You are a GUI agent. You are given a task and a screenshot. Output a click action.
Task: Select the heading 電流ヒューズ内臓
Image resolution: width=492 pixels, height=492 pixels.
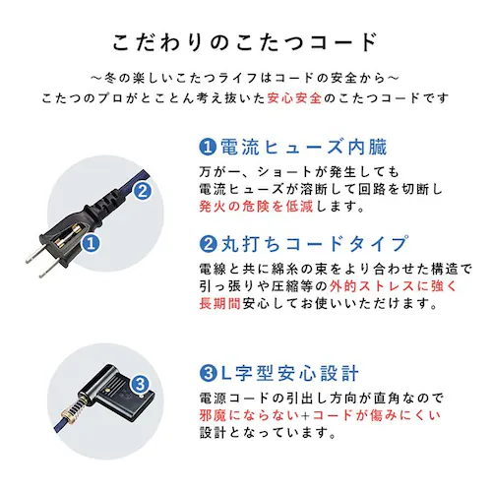pos(301,148)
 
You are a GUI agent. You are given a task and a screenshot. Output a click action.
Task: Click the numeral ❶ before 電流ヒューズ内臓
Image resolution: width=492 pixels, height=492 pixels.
pos(207,149)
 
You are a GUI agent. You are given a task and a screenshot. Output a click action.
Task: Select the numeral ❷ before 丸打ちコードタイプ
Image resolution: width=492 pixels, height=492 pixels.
pos(207,244)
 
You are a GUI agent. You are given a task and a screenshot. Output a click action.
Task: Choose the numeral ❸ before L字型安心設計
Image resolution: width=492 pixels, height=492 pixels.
pos(207,375)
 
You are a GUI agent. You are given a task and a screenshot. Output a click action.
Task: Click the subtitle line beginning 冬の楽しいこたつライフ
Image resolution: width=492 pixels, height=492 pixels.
pos(245,78)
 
